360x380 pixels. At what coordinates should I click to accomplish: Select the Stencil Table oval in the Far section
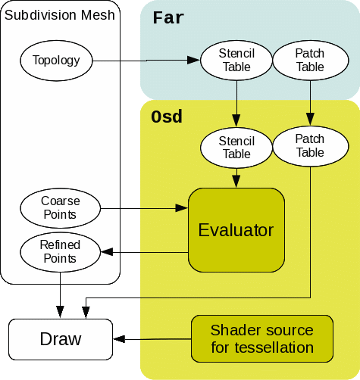point(236,60)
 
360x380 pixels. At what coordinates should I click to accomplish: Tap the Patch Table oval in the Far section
point(308,60)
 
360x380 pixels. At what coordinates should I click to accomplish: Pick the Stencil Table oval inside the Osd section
point(236,147)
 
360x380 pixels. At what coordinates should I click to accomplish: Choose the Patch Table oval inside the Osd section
point(308,145)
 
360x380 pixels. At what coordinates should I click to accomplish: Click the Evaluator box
point(236,230)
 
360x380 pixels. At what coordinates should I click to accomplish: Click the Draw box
point(61,338)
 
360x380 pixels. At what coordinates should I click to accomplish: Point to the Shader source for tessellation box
point(261,338)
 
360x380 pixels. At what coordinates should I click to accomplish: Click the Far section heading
point(168,17)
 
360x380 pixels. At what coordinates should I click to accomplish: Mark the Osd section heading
point(167,117)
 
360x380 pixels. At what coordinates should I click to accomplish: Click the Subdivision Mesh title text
point(61,15)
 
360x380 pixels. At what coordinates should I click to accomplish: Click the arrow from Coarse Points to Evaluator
point(144,208)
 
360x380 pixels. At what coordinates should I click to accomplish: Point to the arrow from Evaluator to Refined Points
point(144,252)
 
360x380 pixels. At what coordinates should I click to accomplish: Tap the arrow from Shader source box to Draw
point(152,339)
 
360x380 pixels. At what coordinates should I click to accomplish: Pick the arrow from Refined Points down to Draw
point(61,295)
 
